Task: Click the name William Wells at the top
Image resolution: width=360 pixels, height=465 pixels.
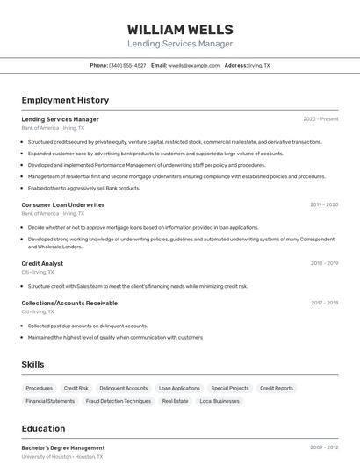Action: pyautogui.click(x=180, y=29)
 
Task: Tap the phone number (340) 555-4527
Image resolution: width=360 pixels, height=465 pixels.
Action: pyautogui.click(x=127, y=65)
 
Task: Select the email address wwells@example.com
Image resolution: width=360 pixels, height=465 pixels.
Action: pyautogui.click(x=193, y=65)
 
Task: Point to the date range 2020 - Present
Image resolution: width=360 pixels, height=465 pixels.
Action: pyautogui.click(x=320, y=119)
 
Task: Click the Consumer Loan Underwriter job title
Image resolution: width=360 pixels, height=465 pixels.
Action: pyautogui.click(x=62, y=204)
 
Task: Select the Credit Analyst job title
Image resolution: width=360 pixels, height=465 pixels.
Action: pyautogui.click(x=42, y=263)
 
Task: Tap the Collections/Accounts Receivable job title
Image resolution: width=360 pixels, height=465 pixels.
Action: pyautogui.click(x=69, y=303)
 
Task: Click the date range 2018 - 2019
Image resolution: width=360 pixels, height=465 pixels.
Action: pyautogui.click(x=324, y=263)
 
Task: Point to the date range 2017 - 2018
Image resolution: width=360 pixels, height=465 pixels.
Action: pyautogui.click(x=324, y=303)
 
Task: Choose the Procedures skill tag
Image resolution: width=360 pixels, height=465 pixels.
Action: pyautogui.click(x=40, y=388)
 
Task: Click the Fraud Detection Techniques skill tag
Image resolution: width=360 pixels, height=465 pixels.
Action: pyautogui.click(x=119, y=401)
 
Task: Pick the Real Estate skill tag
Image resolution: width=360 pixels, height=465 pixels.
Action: pyautogui.click(x=175, y=401)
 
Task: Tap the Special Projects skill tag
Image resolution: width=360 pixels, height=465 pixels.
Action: pyautogui.click(x=230, y=388)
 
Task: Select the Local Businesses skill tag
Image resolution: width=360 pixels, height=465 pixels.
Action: pyautogui.click(x=220, y=401)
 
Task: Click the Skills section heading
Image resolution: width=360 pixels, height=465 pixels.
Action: pyautogui.click(x=32, y=364)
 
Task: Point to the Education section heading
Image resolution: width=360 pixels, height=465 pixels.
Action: pyautogui.click(x=43, y=428)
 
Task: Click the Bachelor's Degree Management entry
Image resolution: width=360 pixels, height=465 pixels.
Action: pyautogui.click(x=62, y=447)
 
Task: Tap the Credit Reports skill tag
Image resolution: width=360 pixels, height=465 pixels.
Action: pyautogui.click(x=277, y=388)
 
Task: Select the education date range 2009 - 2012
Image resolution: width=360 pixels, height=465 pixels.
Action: pyautogui.click(x=324, y=447)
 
